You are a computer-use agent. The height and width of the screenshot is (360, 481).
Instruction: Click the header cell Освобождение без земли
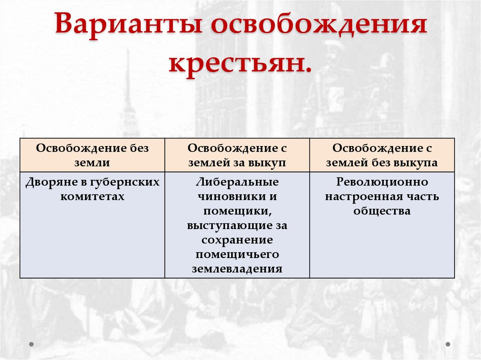pyautogui.click(x=92, y=155)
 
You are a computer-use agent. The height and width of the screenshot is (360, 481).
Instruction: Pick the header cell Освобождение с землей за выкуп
pyautogui.click(x=237, y=155)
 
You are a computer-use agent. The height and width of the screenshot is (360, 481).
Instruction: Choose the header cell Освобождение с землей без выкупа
pyautogui.click(x=382, y=155)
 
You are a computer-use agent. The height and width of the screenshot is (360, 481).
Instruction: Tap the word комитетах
pyautogui.click(x=92, y=197)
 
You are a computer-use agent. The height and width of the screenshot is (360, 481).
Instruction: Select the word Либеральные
pyautogui.click(x=237, y=182)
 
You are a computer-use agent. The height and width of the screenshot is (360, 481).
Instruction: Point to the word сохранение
pyautogui.click(x=237, y=240)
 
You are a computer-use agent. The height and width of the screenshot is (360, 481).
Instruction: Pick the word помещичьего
pyautogui.click(x=237, y=255)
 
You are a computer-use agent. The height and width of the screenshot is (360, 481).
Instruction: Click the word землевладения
pyautogui.click(x=237, y=269)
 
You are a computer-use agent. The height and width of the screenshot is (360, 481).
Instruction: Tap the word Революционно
pyautogui.click(x=382, y=182)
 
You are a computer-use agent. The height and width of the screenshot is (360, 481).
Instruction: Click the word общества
pyautogui.click(x=382, y=211)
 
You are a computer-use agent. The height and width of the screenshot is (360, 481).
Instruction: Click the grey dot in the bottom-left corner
pyautogui.click(x=31, y=344)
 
